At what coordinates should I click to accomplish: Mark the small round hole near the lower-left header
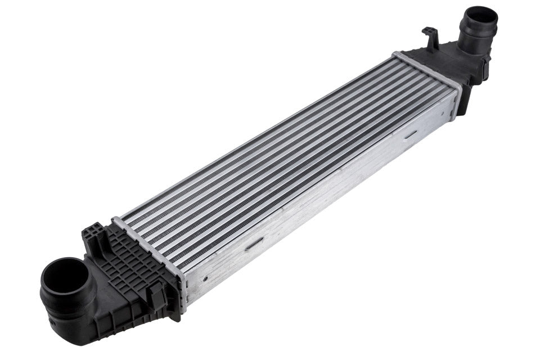click(x=206, y=277)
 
